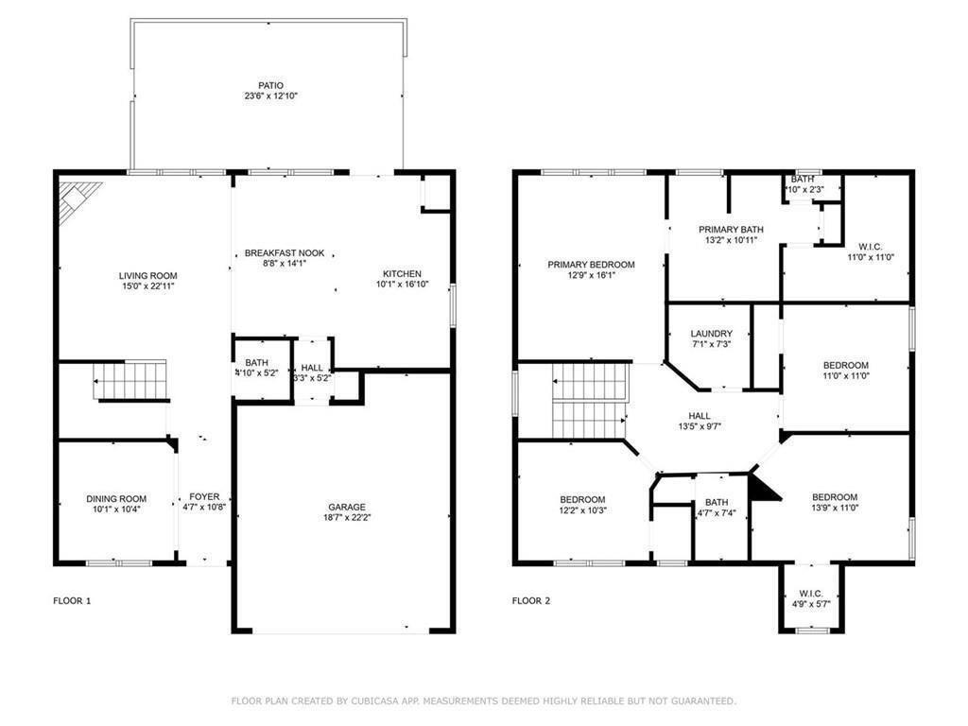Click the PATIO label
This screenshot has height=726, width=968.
click(270, 86)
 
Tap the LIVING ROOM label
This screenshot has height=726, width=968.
click(142, 275)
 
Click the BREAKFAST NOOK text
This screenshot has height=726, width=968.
click(284, 253)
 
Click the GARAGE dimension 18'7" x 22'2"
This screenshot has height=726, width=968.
click(346, 517)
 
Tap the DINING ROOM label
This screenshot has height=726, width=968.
click(116, 499)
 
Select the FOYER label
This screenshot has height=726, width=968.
click(204, 496)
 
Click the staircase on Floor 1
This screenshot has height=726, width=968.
click(130, 381)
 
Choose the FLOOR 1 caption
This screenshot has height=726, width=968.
click(72, 600)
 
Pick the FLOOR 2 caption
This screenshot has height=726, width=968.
click(532, 600)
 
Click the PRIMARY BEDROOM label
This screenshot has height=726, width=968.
click(591, 265)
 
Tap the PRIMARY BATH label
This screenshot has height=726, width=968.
click(731, 230)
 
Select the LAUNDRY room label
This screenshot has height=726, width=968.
click(711, 334)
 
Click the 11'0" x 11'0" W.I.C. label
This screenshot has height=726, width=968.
click(870, 251)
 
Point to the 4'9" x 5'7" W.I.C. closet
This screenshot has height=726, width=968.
click(810, 598)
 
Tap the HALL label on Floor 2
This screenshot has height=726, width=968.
click(699, 416)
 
